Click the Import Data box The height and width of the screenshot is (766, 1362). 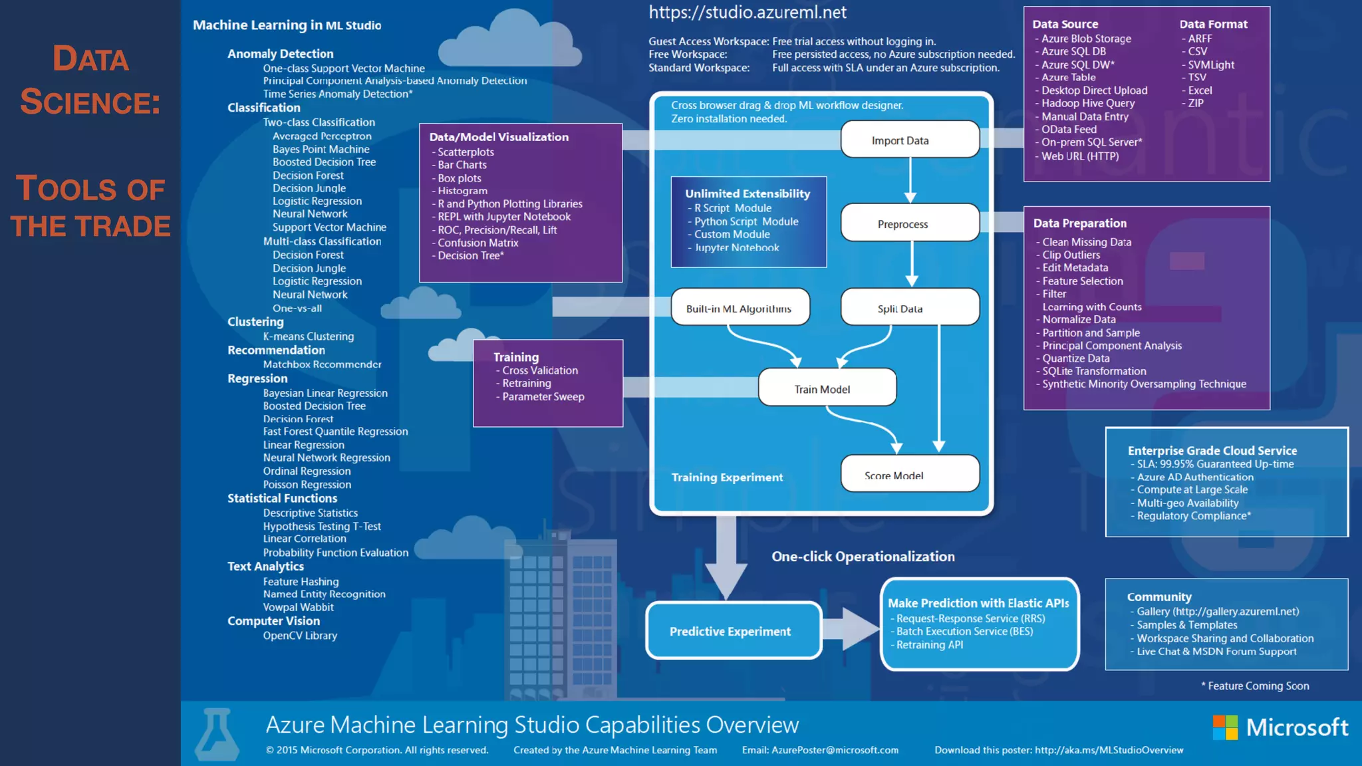pos(909,140)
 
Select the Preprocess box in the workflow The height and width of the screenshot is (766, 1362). pos(909,223)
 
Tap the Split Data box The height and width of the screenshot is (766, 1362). pos(909,308)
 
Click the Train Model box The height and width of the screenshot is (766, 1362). pos(827,388)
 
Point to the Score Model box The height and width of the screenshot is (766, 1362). pos(909,474)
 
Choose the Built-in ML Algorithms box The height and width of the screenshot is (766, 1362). pos(740,308)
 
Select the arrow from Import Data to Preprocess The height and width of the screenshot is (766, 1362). pos(910,180)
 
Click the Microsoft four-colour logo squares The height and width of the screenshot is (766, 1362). pos(1225,727)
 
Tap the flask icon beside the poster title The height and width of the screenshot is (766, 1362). pos(216,734)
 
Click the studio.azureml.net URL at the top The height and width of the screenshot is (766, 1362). pos(747,13)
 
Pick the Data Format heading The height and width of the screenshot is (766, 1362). pos(1213,24)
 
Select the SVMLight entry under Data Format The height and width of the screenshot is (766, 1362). pos(1211,64)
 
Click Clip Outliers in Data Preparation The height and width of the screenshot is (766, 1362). pos(1071,255)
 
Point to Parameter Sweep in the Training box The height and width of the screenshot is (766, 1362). pos(543,396)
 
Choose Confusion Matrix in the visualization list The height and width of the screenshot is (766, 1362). pos(477,243)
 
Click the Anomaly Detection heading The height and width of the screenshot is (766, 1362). pos(280,54)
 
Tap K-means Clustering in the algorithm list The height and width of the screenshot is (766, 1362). pos(308,336)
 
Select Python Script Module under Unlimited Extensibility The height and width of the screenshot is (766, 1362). pos(746,221)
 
